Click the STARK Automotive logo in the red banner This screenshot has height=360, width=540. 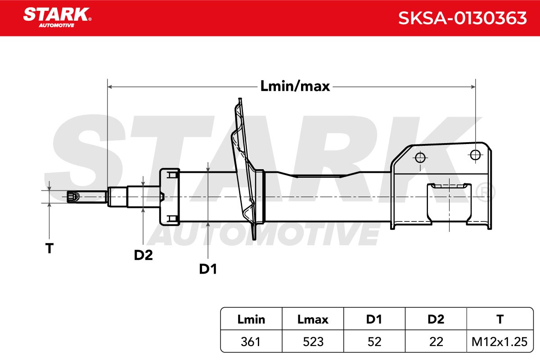click(57, 18)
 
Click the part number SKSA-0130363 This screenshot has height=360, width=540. click(463, 18)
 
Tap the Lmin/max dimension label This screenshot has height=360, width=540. click(295, 86)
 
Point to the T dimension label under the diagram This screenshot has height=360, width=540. click(49, 248)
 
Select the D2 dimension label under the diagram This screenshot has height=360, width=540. click(143, 255)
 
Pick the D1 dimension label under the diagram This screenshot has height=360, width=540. click(208, 269)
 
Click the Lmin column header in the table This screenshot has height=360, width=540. click(251, 319)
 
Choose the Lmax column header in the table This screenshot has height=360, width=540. click(313, 319)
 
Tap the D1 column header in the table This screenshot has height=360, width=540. click(374, 319)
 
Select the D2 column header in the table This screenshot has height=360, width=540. click(436, 319)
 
